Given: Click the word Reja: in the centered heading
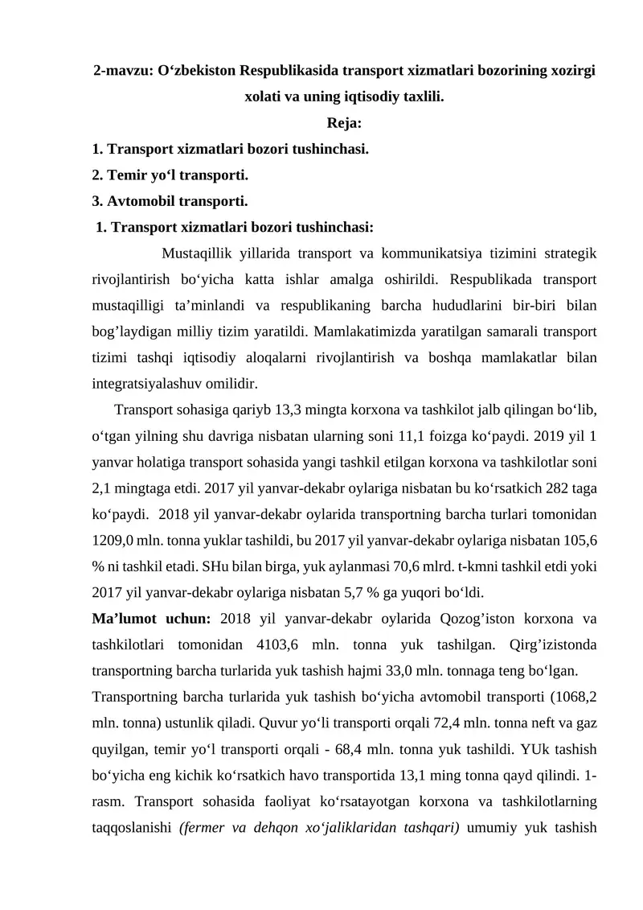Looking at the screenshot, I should pos(345,123).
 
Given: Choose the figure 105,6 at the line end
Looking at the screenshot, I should pos(579,537).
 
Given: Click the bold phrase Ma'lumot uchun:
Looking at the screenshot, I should pos(152,619).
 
